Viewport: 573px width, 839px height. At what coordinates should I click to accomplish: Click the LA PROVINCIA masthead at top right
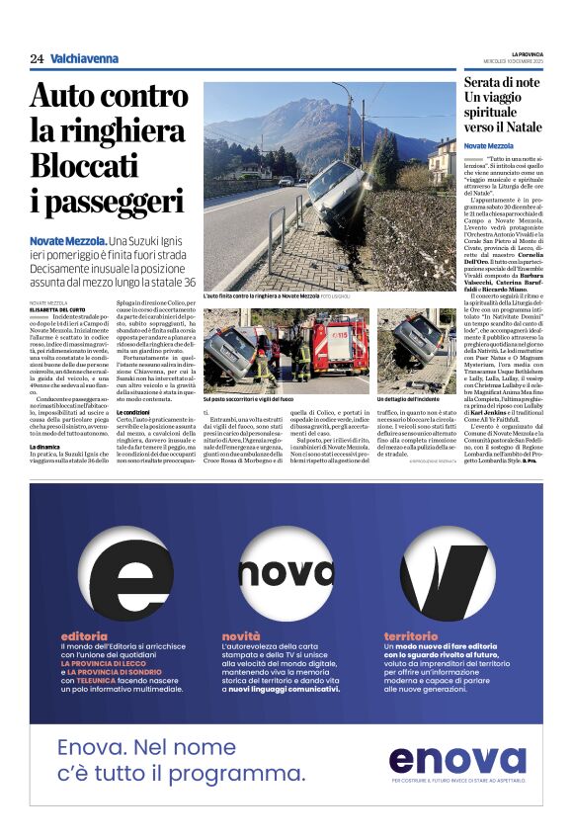(x=526, y=53)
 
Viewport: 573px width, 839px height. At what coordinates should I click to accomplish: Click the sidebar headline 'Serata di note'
(x=502, y=84)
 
